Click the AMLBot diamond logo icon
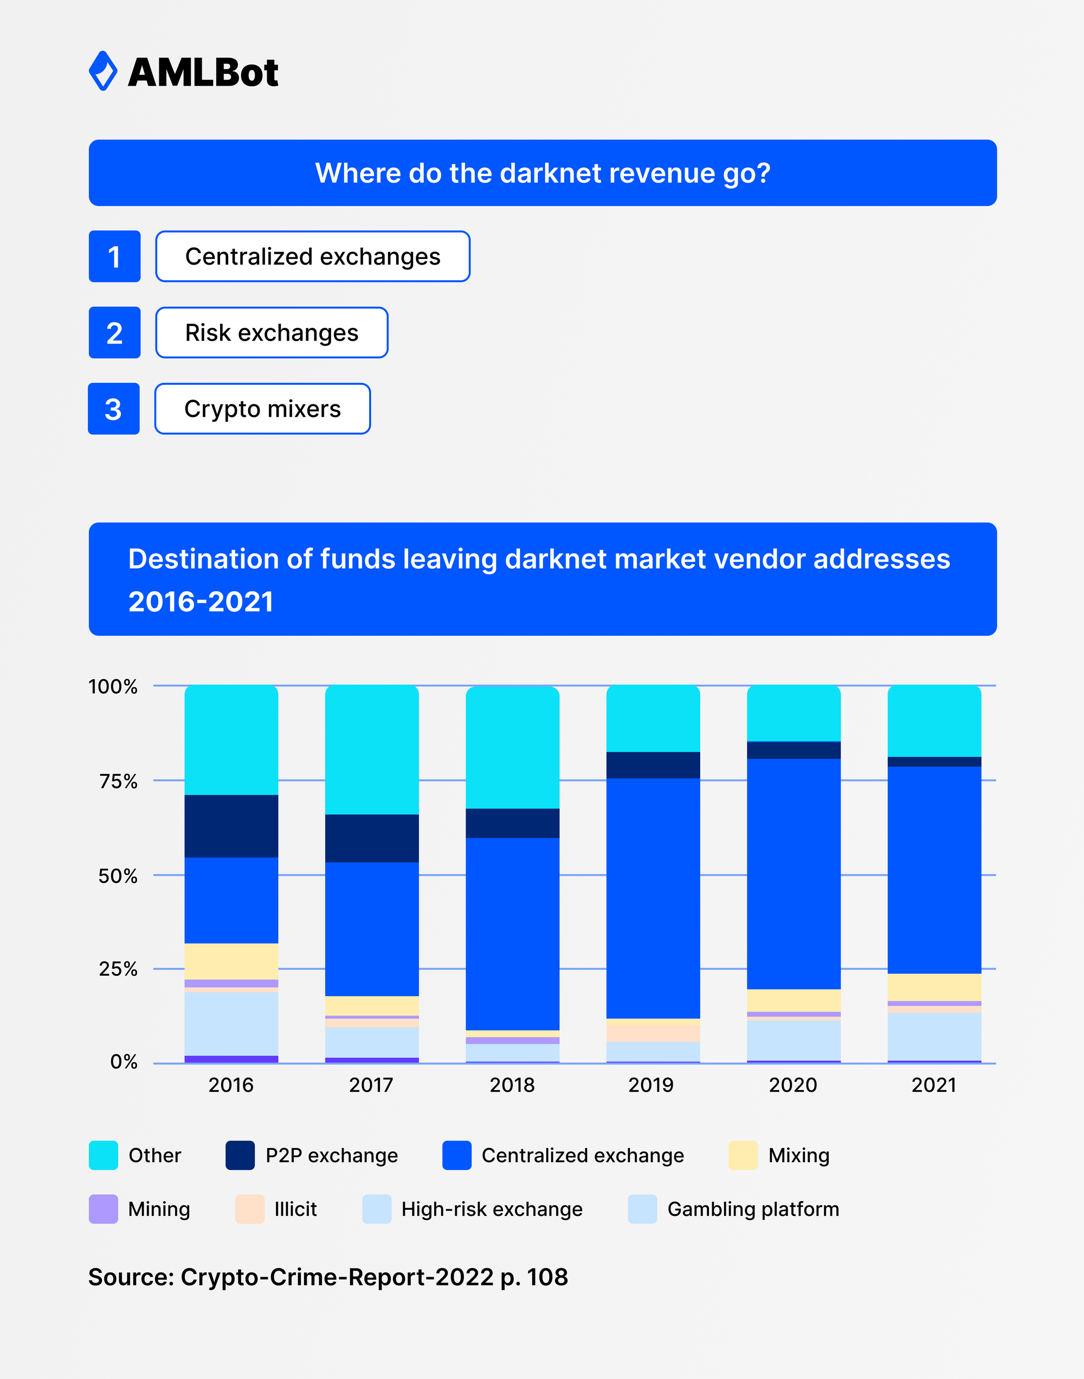click(103, 71)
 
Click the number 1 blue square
click(114, 256)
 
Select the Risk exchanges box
click(272, 332)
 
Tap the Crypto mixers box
click(262, 409)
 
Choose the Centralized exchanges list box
click(312, 256)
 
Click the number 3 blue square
click(114, 409)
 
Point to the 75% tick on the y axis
click(118, 781)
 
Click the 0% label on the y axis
click(124, 1062)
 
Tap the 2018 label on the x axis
click(512, 1085)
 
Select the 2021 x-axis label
click(933, 1085)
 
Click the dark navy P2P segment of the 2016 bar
click(231, 826)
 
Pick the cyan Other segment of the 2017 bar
click(372, 749)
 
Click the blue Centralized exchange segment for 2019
click(653, 898)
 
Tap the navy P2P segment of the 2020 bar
click(793, 750)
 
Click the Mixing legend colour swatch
click(743, 1155)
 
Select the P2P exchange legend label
click(331, 1155)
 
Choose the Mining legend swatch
click(104, 1209)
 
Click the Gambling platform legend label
click(753, 1209)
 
